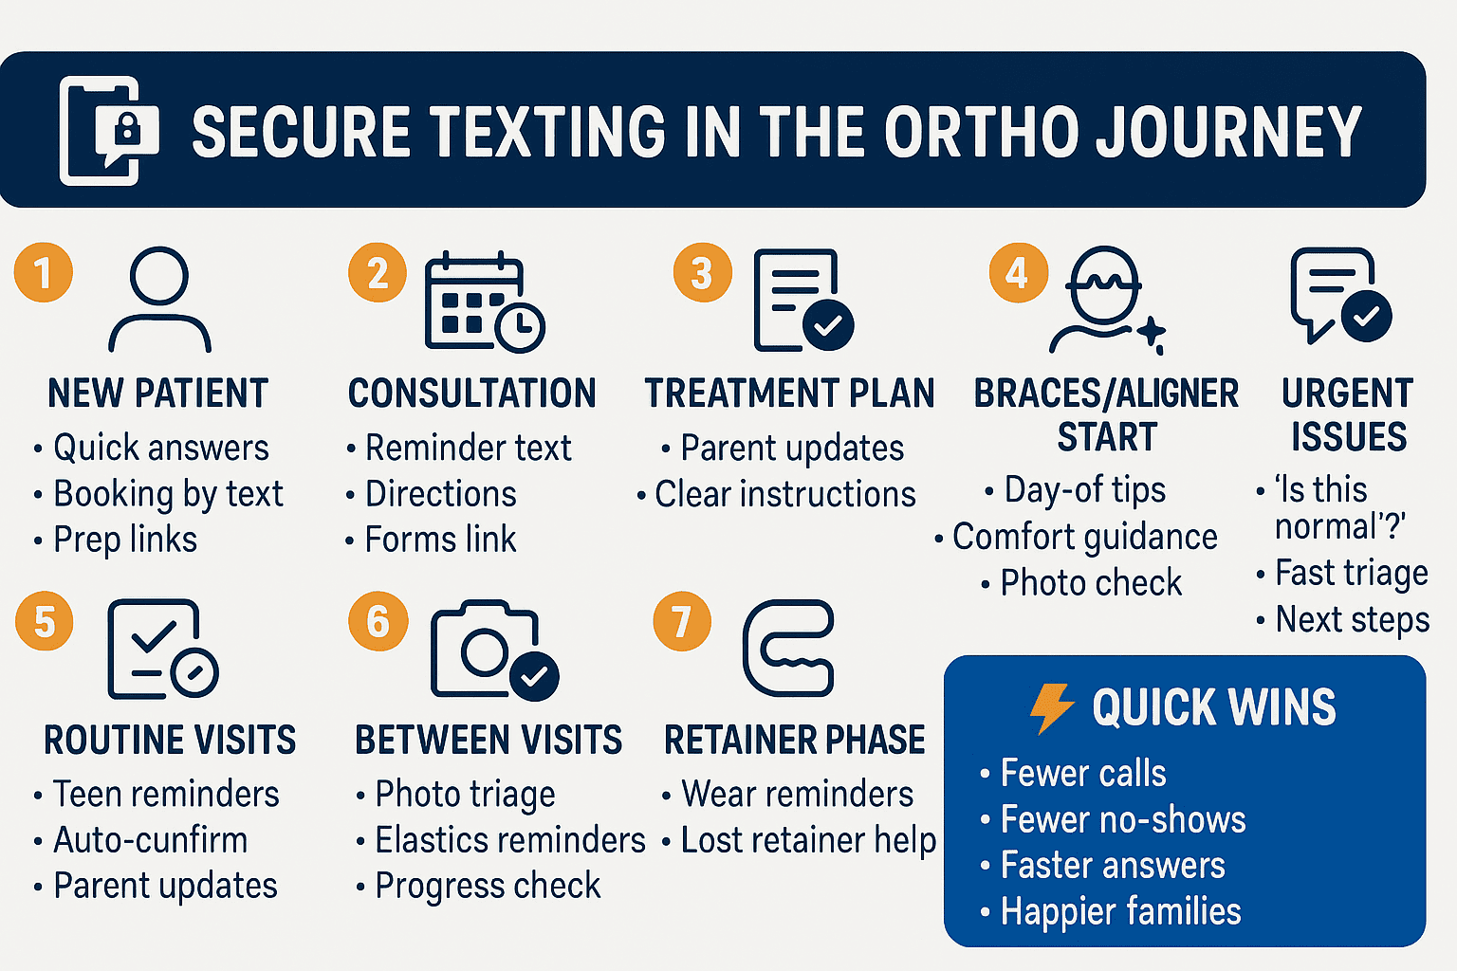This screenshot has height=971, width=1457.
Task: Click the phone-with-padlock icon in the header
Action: [107, 130]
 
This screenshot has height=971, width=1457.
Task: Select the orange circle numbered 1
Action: [44, 272]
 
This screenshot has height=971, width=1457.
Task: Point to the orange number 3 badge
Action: [702, 273]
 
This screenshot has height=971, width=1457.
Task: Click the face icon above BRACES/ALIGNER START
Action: [1104, 299]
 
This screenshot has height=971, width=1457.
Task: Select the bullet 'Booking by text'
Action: [167, 494]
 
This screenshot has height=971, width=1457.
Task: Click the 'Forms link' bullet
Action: [440, 540]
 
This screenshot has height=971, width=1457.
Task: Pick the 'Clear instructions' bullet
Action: [784, 494]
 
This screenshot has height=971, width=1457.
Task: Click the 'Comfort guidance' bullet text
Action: [1084, 537]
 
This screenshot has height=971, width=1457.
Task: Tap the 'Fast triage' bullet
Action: [1351, 573]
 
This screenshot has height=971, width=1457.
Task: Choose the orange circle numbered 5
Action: [44, 622]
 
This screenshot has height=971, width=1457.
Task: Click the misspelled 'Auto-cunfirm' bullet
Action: [150, 840]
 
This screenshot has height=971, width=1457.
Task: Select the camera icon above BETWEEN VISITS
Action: [492, 650]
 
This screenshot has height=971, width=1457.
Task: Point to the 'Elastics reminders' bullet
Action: [509, 840]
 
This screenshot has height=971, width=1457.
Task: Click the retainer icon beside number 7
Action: [788, 649]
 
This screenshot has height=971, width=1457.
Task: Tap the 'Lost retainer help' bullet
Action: [807, 840]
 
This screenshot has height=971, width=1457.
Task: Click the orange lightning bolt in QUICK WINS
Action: [1052, 707]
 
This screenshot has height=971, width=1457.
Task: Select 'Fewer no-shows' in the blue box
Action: [1122, 819]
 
